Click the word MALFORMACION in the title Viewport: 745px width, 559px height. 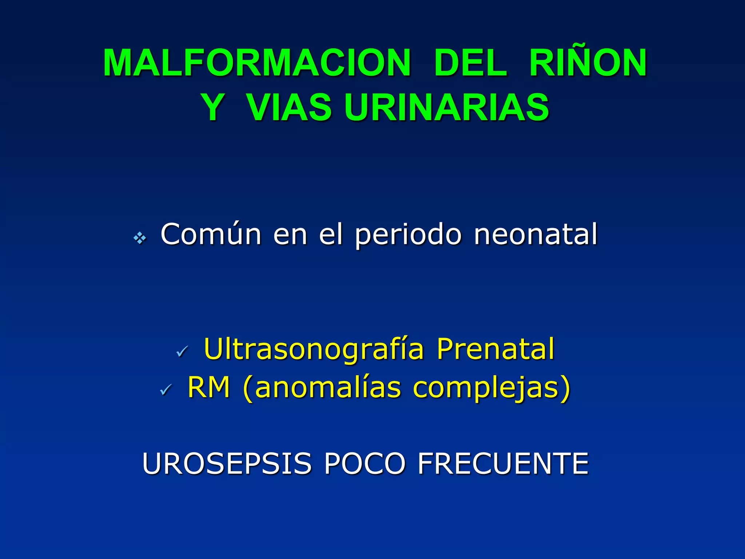tap(257, 63)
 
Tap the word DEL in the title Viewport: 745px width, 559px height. tap(470, 63)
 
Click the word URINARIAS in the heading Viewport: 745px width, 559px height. tap(446, 107)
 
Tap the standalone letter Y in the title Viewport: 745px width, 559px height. tap(212, 107)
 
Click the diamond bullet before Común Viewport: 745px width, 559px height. tap(140, 239)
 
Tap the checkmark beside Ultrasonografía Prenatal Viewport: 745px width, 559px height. tap(182, 351)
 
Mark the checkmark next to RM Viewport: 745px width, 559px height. tap(166, 390)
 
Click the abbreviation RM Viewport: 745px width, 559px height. tap(209, 387)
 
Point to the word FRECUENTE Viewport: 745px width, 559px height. tap(503, 464)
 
